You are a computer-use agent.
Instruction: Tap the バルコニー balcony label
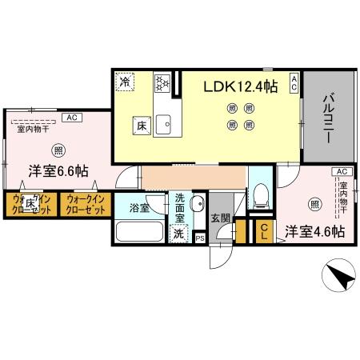pyautogui.click(x=327, y=121)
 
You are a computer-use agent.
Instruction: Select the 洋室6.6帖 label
pyautogui.click(x=59, y=170)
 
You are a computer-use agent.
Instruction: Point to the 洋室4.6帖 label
pyautogui.click(x=315, y=231)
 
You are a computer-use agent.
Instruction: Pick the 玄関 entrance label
pyautogui.click(x=220, y=217)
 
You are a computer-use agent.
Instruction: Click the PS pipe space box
pyautogui.click(x=199, y=238)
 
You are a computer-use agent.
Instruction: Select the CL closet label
pyautogui.click(x=265, y=232)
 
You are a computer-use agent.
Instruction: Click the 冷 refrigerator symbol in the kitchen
pyautogui.click(x=125, y=81)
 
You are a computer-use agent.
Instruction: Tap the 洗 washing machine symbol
pyautogui.click(x=179, y=234)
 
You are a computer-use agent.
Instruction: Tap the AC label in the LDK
pyautogui.click(x=294, y=81)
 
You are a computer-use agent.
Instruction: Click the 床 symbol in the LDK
pyautogui.click(x=138, y=124)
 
